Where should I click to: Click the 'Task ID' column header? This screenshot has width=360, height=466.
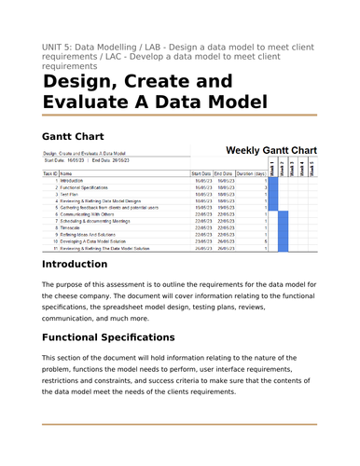(x=50, y=173)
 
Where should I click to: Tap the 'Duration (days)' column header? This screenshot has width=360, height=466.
(x=252, y=173)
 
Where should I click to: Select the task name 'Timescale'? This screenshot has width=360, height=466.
(x=75, y=226)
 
